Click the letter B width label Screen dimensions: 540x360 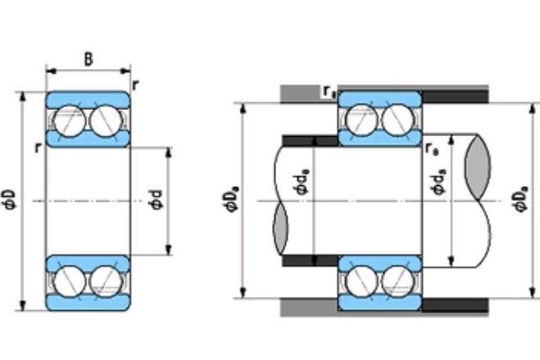point(88,59)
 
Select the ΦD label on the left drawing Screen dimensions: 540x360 point(11,199)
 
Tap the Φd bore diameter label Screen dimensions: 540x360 point(156,199)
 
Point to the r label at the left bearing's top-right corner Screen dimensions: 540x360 point(135,84)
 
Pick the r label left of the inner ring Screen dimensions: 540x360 point(38,148)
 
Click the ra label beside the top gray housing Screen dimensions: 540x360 point(329,91)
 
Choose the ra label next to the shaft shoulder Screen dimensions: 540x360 point(432,148)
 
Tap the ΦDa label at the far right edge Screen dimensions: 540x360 point(520,199)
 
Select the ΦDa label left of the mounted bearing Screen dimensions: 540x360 point(231,199)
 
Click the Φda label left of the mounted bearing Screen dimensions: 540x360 point(302,182)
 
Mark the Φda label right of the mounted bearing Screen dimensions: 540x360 point(439,182)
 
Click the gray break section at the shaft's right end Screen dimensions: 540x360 point(478,167)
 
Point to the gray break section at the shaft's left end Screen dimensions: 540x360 point(281,227)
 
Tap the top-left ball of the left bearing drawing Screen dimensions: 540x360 point(70,121)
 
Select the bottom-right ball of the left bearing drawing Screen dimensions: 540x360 point(107,282)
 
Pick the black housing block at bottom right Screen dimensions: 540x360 point(456,305)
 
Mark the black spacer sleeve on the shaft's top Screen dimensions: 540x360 point(311,141)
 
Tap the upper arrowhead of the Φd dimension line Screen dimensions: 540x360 point(169,153)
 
